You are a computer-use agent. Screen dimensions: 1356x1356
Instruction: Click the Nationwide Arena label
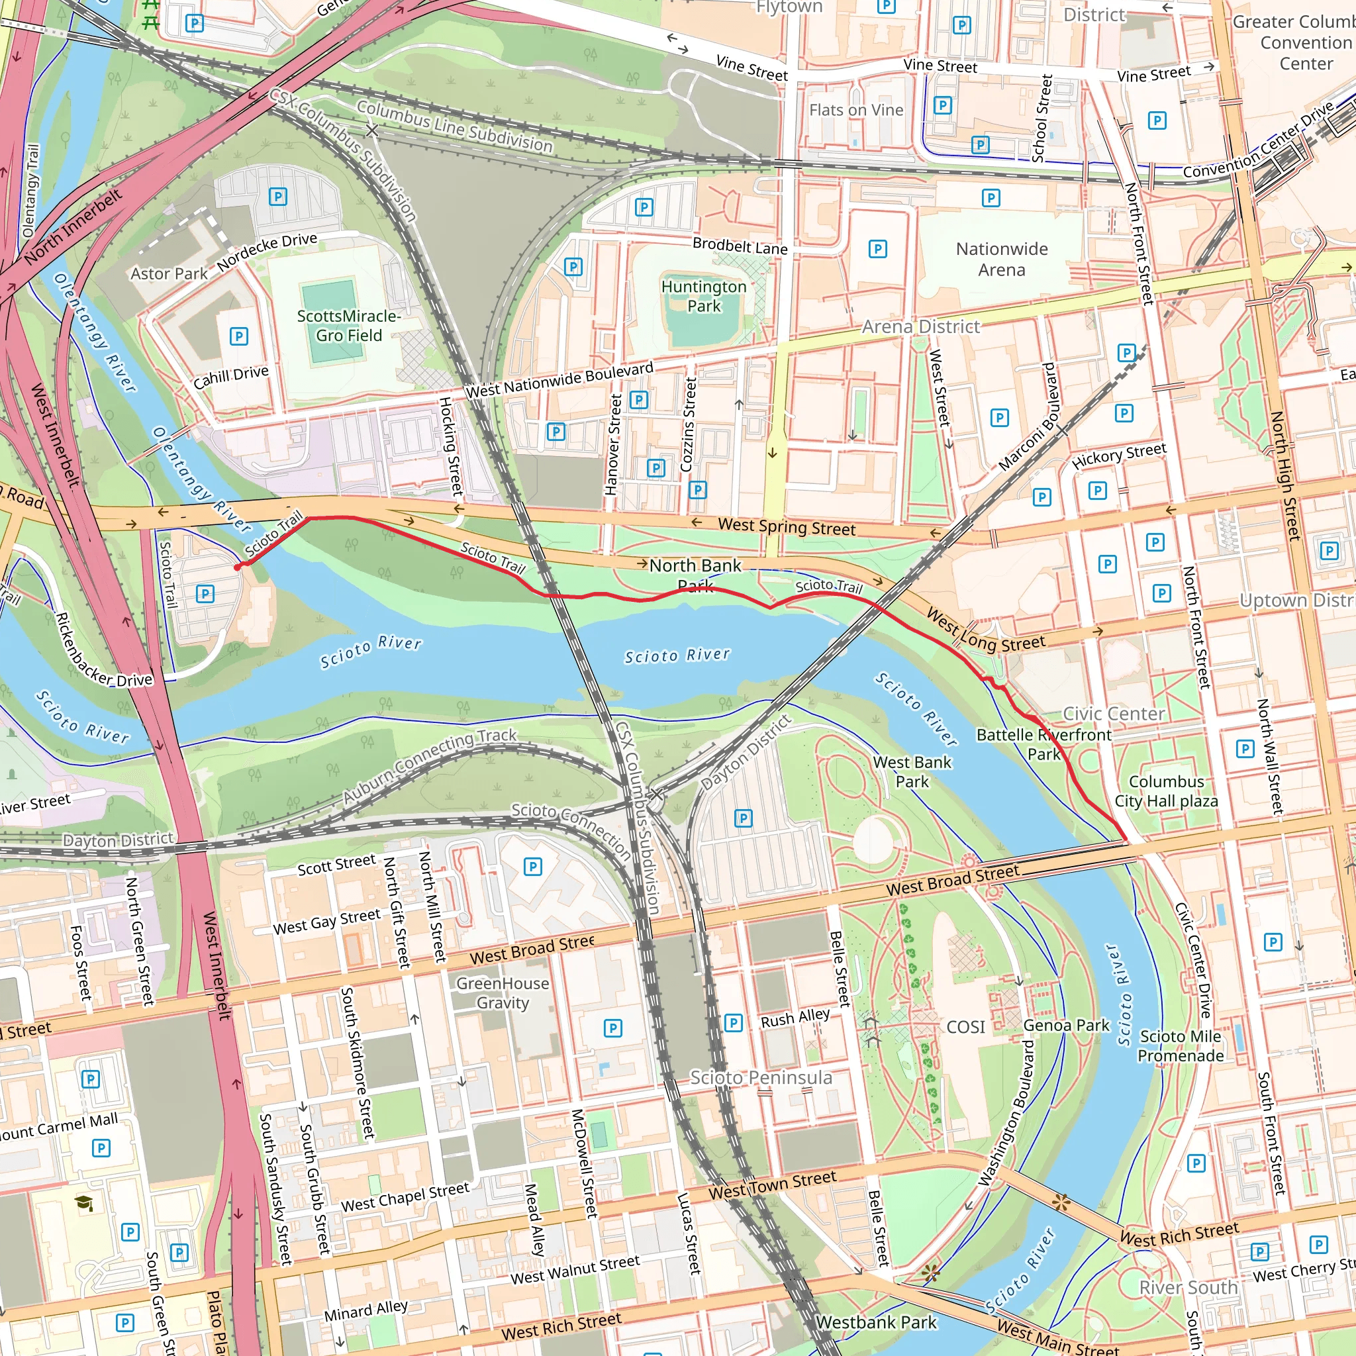[x=1002, y=259]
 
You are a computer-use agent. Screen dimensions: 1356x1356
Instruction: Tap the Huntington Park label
[x=703, y=296]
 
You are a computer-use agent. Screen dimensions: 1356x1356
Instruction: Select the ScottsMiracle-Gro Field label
[x=349, y=326]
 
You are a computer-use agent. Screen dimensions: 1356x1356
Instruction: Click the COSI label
[x=966, y=1027]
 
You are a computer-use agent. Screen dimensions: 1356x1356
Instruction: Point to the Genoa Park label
[x=1066, y=1026]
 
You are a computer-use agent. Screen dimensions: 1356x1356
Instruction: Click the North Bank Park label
[x=695, y=574]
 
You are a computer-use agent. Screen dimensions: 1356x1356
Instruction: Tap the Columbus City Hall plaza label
[x=1166, y=791]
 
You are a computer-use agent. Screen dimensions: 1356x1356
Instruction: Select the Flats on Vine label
[x=855, y=110]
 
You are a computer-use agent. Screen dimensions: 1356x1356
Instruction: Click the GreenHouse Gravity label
[x=503, y=993]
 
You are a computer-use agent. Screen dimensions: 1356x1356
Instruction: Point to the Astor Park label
[x=169, y=273]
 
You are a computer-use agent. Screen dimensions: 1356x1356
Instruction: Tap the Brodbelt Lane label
[x=740, y=246]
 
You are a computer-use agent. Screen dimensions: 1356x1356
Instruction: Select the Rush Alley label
[x=795, y=1018]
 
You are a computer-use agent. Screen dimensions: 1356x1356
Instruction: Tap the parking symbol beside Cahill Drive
[x=238, y=336]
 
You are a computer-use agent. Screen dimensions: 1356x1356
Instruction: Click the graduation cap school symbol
[x=84, y=1204]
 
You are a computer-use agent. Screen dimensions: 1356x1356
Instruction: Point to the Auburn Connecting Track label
[x=430, y=765]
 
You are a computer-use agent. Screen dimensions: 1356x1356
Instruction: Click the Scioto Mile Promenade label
[x=1181, y=1045]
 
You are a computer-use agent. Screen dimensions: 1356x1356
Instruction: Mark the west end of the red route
[x=237, y=567]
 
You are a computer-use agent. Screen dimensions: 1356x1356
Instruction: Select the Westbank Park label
[x=876, y=1322]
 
